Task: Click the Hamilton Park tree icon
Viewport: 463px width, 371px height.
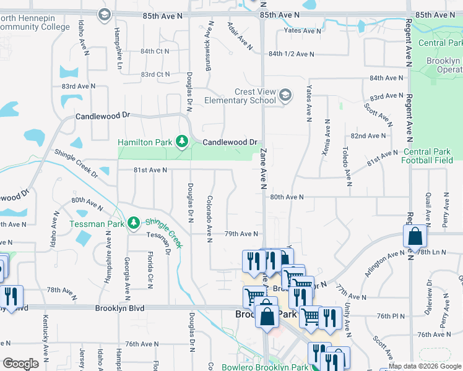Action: point(181,142)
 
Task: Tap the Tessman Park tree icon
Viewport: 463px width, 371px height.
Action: point(134,223)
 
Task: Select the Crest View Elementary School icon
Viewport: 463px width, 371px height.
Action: point(285,96)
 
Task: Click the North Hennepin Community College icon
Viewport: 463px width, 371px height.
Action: point(104,14)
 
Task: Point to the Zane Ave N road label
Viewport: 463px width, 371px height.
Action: point(263,168)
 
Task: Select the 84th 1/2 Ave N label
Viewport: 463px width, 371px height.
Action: point(292,54)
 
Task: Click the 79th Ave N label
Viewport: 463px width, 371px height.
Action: point(241,234)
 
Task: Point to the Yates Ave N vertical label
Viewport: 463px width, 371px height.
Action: point(308,103)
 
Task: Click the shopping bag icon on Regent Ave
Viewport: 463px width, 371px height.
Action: point(415,236)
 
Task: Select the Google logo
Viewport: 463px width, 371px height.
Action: point(20,364)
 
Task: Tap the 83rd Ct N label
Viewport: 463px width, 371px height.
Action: point(155,74)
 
